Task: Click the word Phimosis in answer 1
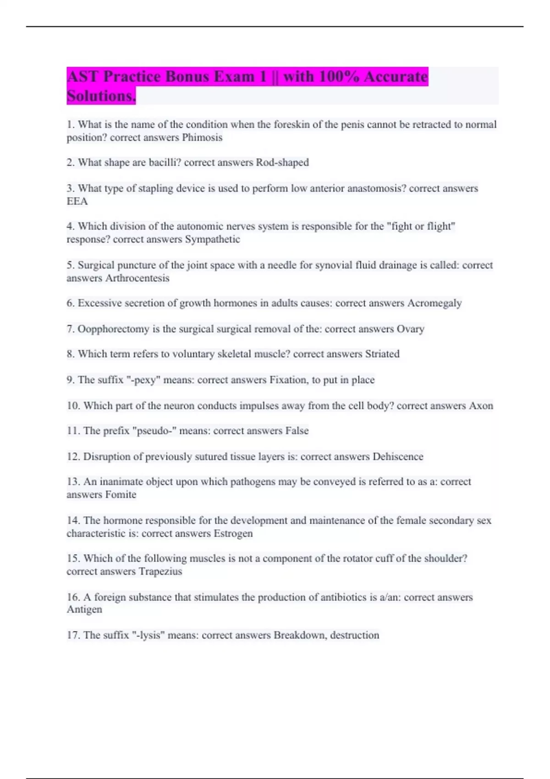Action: [x=202, y=137]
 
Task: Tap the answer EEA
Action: [x=77, y=201]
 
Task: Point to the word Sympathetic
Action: [x=212, y=239]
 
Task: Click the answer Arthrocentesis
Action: [x=137, y=278]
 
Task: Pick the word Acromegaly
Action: [x=434, y=303]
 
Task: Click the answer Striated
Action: [x=382, y=354]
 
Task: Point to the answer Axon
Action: [x=481, y=406]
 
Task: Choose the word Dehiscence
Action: [x=398, y=456]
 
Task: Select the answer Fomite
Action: [x=121, y=494]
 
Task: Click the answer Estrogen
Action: [x=233, y=533]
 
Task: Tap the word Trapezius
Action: [x=160, y=571]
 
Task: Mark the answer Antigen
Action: [x=84, y=609]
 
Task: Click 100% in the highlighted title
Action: [x=339, y=77]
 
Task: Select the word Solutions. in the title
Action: [x=101, y=96]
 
